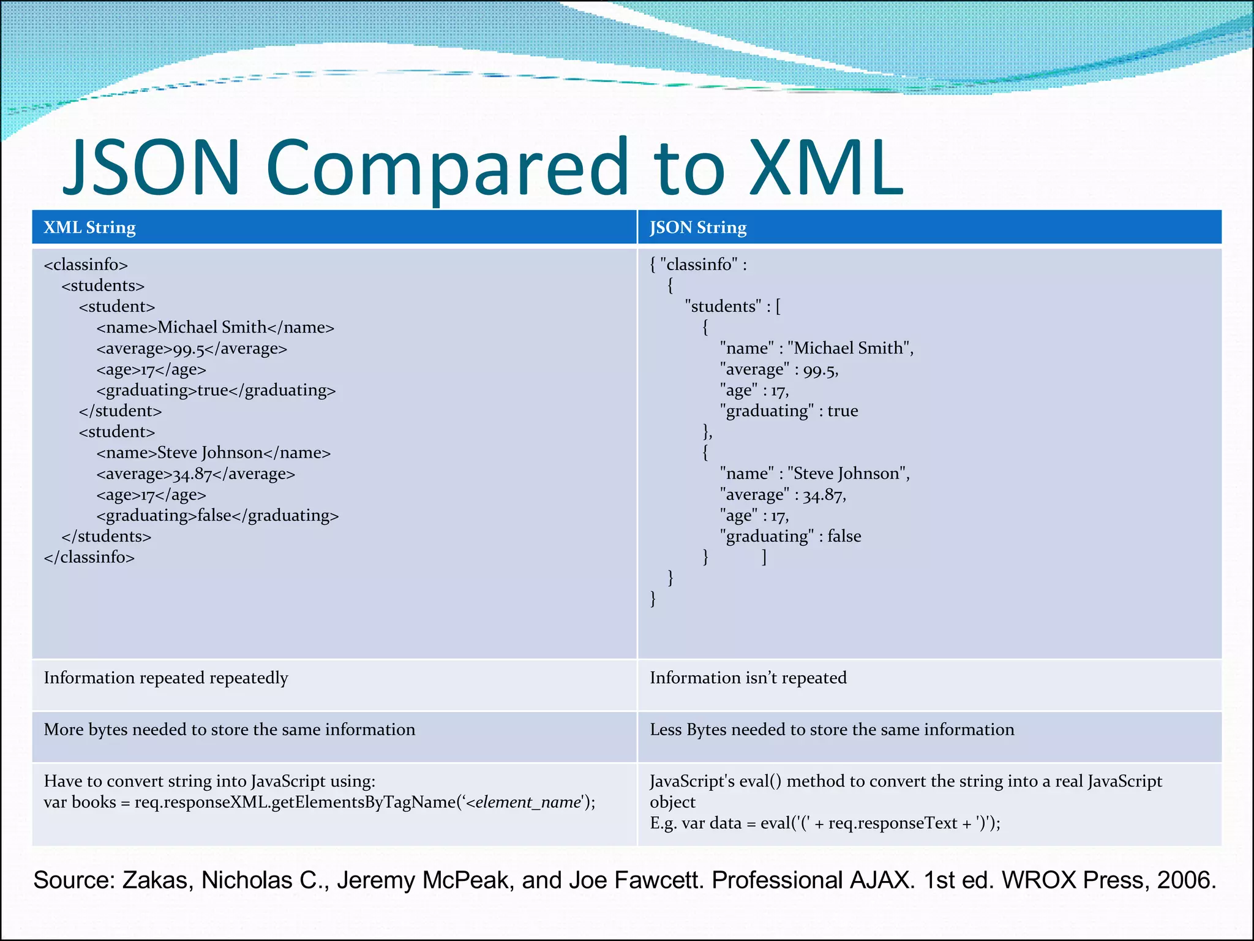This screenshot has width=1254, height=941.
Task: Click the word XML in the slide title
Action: coord(827,167)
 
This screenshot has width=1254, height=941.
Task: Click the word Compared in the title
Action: coord(447,167)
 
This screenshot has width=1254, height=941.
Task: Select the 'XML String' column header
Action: coord(90,227)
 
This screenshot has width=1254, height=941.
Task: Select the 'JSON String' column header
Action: coord(698,227)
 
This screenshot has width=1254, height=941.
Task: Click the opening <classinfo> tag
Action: coord(86,265)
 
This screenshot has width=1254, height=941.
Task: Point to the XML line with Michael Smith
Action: coord(215,327)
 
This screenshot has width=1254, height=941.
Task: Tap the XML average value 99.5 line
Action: coord(192,349)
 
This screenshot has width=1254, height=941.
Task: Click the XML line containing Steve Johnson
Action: coord(213,453)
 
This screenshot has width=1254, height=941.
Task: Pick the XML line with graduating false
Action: coord(217,515)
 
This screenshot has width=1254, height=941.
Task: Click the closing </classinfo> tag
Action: coord(89,557)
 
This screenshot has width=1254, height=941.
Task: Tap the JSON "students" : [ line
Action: coord(732,306)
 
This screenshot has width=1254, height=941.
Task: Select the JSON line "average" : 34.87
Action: coord(783,494)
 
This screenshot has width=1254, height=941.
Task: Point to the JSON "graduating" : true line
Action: coord(789,411)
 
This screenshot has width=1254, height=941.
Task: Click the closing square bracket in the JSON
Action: coord(764,557)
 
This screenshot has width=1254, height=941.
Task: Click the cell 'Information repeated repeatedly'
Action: coord(166,678)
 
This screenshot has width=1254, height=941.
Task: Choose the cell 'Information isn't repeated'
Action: coord(748,678)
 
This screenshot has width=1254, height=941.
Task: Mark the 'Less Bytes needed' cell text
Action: coord(832,730)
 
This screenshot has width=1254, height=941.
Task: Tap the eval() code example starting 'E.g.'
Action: coord(825,823)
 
